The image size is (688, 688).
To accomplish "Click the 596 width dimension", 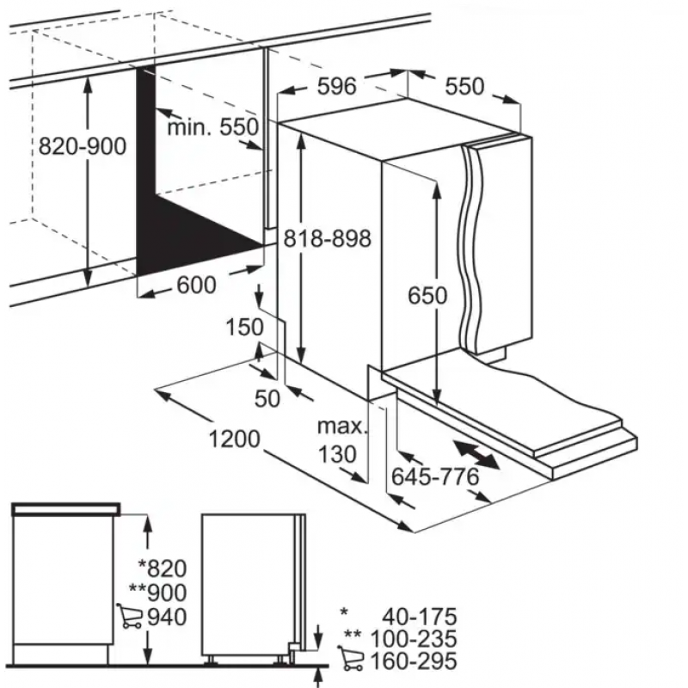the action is (x=336, y=87).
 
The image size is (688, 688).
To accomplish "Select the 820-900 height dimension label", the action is (x=83, y=146).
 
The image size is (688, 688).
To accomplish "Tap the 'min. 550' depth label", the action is (x=213, y=127).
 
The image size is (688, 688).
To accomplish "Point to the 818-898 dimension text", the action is (x=328, y=239).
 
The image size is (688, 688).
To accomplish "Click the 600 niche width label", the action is (x=197, y=286).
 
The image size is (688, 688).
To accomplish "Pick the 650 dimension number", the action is (x=427, y=295).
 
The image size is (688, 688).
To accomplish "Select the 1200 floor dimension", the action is (x=234, y=439).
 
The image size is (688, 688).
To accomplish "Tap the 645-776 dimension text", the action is (x=435, y=476).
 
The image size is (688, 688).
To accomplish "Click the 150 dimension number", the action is (x=244, y=328).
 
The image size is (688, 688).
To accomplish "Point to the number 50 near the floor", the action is (x=267, y=399).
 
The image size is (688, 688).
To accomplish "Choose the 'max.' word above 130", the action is (x=341, y=427).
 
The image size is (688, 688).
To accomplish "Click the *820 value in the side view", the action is (x=163, y=568).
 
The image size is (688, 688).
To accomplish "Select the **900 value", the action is (x=158, y=593).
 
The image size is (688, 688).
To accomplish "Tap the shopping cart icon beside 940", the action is (x=130, y=616).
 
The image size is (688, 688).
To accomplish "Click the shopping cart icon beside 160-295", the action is (x=351, y=658).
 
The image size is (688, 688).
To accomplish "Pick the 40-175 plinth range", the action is (x=420, y=617).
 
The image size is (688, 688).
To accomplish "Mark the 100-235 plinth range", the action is (x=414, y=639).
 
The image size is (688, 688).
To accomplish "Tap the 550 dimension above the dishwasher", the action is (x=464, y=87).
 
